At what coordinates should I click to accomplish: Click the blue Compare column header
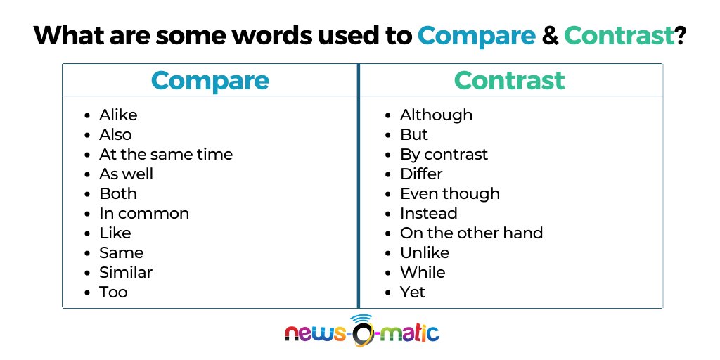point(210,80)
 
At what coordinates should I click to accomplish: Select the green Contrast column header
point(510,80)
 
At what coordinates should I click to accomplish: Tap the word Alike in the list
point(118,115)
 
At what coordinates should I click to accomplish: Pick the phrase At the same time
point(165,154)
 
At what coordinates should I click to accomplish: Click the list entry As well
point(126,174)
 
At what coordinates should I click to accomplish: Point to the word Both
point(117,193)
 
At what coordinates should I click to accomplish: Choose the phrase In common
point(143,213)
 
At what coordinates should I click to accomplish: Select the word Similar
point(125,272)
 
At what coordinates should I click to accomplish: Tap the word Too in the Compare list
point(113,292)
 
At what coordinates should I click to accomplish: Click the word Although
point(436,115)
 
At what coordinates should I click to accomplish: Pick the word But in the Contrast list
point(413,134)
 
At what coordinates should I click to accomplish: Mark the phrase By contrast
point(444,154)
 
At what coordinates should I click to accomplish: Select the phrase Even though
point(450,193)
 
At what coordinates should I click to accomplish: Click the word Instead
point(428,213)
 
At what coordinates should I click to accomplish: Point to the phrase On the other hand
point(471,233)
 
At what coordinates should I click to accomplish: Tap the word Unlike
point(424,252)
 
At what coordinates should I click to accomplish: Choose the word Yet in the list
point(412,292)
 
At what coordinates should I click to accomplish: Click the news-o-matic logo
point(361,330)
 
